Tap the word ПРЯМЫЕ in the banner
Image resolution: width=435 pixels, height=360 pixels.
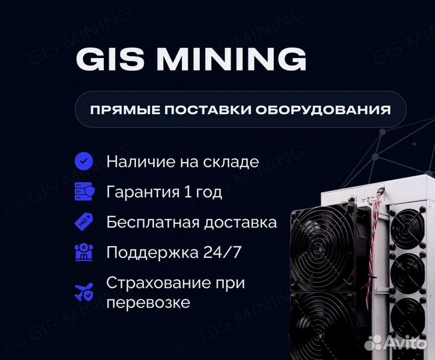pyautogui.click(x=120, y=110)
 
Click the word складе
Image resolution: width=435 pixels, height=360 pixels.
pyautogui.click(x=231, y=162)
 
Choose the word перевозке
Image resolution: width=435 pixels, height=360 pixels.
pyautogui.click(x=148, y=302)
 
